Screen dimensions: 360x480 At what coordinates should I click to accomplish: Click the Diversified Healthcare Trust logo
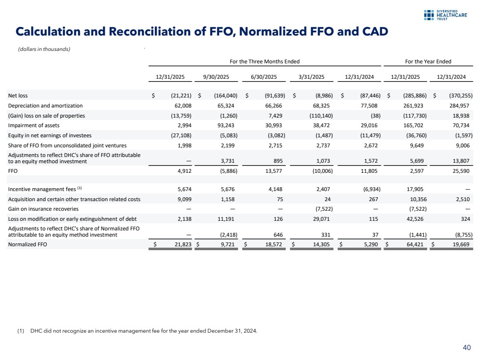[x=447, y=15]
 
